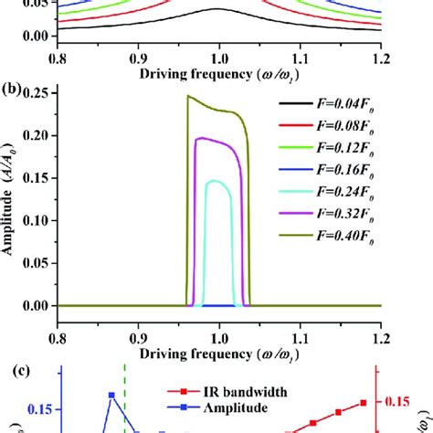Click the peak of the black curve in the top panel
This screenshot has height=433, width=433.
[x=216, y=9]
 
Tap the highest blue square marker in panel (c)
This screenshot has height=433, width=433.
[x=111, y=395]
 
